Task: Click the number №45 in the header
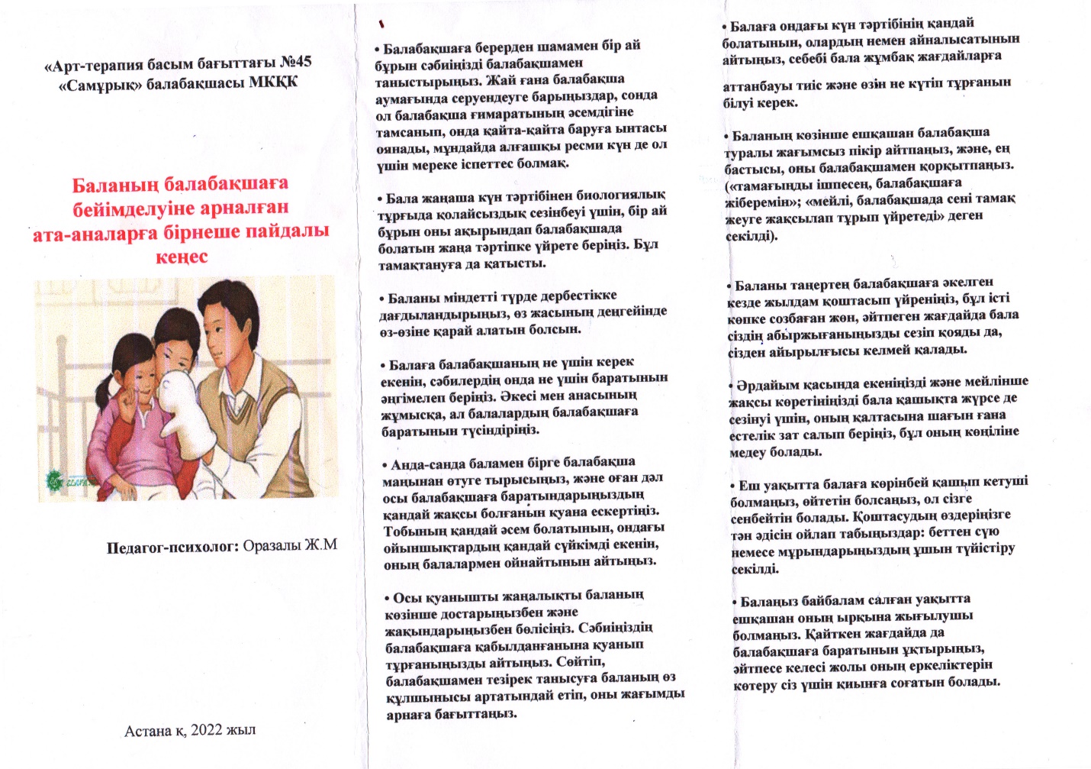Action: pyautogui.click(x=295, y=63)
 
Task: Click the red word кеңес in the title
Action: pyautogui.click(x=182, y=257)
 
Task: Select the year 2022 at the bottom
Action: pyautogui.click(x=206, y=730)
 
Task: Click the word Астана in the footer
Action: pyautogui.click(x=148, y=731)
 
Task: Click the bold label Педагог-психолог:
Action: pyautogui.click(x=173, y=547)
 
